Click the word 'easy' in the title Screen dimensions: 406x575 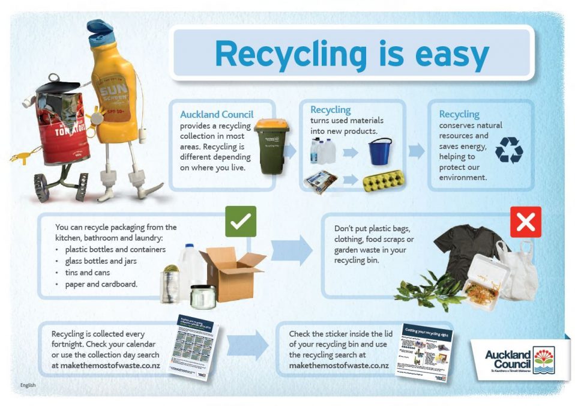coord(439,55)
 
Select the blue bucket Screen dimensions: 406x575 coord(379,151)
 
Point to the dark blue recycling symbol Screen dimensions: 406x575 coord(508,150)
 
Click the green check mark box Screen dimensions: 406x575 coord(240,222)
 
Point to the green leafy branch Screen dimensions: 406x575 coord(429,292)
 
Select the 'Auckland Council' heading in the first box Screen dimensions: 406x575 coord(217,114)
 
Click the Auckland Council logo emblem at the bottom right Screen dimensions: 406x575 coord(544,360)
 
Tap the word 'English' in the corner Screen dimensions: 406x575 coord(28,385)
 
